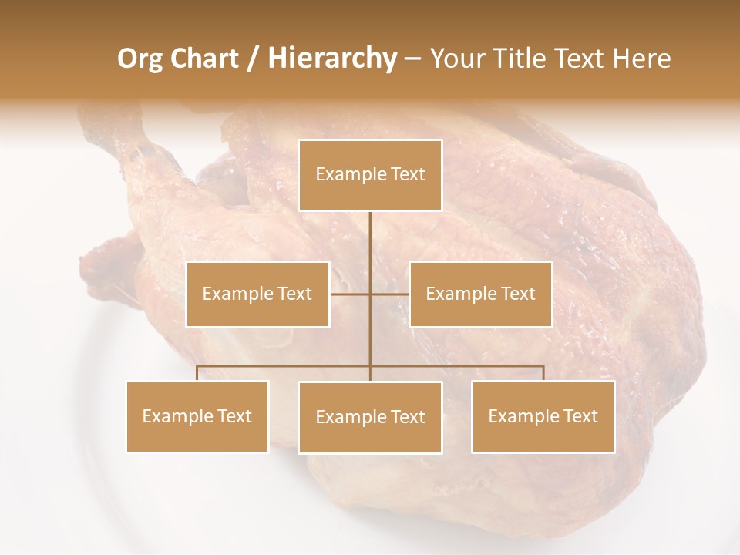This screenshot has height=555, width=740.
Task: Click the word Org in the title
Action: coord(140,59)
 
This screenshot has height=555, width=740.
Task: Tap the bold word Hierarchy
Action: coord(331,59)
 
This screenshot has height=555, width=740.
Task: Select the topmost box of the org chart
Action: coord(370,175)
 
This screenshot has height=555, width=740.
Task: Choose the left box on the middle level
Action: coord(257,294)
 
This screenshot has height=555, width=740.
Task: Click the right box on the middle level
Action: coord(480,294)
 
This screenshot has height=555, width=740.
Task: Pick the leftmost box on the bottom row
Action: coord(197,416)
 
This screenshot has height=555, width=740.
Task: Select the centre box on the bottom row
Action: coord(370,417)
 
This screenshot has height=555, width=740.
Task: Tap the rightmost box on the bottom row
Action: coord(543,416)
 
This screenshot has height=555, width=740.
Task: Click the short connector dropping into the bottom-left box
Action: coord(197,373)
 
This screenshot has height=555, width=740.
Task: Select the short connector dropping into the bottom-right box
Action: coord(543,373)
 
